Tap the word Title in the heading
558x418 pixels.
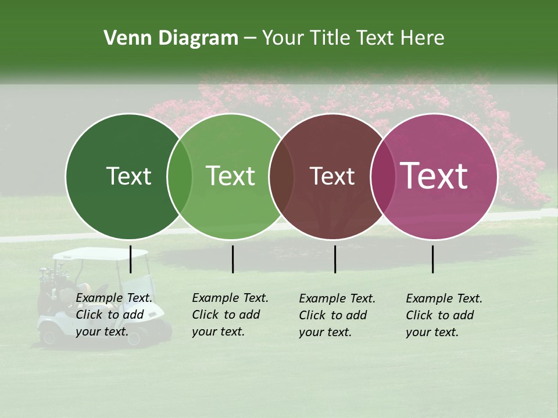(x=329, y=38)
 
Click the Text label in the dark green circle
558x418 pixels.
(x=128, y=176)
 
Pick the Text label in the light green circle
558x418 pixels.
(x=231, y=176)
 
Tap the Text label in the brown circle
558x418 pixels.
(x=332, y=176)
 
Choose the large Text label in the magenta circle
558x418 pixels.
(x=434, y=176)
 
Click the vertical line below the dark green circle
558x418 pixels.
(x=130, y=259)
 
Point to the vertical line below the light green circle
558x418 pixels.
(x=233, y=259)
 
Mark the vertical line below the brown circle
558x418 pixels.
(x=335, y=259)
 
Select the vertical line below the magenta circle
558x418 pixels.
(x=432, y=259)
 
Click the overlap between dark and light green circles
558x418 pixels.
(x=180, y=176)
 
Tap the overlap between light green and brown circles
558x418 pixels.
(x=281, y=176)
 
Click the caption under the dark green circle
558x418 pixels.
(x=114, y=315)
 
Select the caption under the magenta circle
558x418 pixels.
(x=443, y=315)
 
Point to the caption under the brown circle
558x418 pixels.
(x=337, y=315)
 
